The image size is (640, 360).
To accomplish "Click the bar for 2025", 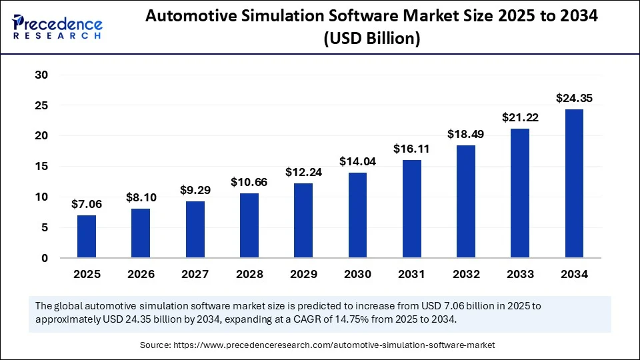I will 87,236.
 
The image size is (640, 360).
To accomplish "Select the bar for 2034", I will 574,183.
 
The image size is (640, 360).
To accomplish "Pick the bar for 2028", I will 249,225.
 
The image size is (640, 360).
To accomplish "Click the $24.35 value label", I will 574,99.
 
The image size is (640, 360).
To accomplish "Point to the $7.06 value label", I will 87,205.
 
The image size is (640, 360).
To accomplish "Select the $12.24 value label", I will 303,171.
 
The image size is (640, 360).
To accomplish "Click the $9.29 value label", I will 195,191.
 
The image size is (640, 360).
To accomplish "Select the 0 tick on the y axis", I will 44,258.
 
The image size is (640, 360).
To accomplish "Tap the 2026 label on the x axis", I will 141,274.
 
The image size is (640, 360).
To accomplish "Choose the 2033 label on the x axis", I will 520,274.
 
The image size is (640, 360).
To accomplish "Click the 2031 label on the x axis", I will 411,274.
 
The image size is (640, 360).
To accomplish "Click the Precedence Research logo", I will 57,27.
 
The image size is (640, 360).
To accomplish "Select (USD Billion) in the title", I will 372,39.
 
